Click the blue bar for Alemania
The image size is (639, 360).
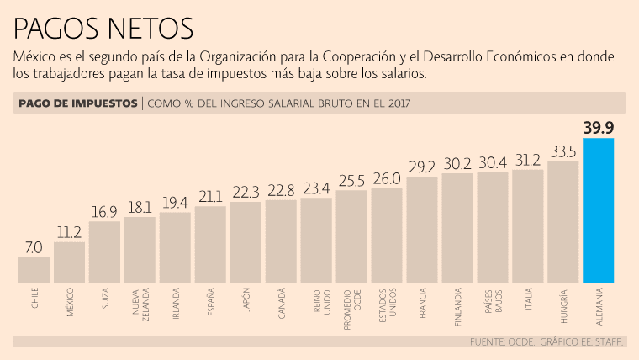598,209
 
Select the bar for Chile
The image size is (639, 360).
34,269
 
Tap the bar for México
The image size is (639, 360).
69,262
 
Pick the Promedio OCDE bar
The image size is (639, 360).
351,236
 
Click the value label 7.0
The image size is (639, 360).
34,247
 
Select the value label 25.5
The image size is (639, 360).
351,180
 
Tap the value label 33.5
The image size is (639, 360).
562,151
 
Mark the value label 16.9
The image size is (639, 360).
104,212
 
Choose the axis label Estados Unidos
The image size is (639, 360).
387,303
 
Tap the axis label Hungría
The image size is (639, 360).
562,301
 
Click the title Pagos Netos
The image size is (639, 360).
103,29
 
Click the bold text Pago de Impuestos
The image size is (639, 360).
77,103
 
